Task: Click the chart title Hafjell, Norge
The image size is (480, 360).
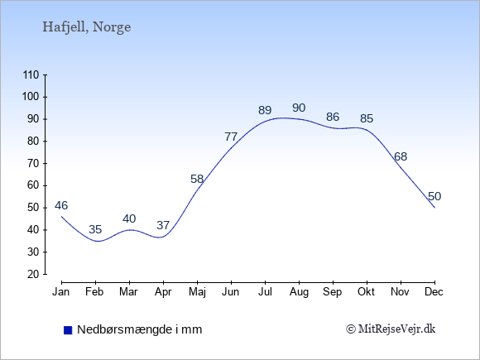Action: [x=87, y=27]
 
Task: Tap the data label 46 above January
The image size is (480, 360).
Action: [x=61, y=205]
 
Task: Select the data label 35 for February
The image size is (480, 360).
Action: [x=95, y=229]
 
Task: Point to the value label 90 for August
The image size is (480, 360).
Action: [x=299, y=108]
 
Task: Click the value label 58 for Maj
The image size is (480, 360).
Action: [x=197, y=179]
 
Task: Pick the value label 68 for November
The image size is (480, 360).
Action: [x=401, y=156]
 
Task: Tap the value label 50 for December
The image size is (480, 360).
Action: [x=434, y=196]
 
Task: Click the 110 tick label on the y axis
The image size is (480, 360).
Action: [x=31, y=74]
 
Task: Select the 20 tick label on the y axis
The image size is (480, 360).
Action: [x=33, y=274]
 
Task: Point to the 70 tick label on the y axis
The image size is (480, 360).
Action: [x=33, y=164]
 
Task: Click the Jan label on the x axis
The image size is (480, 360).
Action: [x=61, y=292]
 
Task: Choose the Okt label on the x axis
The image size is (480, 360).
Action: [x=366, y=292]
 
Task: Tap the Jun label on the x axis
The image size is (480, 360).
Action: [x=231, y=292]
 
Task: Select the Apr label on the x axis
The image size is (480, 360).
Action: [x=163, y=292]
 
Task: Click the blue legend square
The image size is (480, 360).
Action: [x=68, y=330]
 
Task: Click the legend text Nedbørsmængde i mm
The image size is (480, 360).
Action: [x=140, y=329]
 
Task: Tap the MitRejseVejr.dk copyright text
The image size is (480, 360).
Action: [x=391, y=329]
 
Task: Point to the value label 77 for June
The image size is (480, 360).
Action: [x=231, y=137]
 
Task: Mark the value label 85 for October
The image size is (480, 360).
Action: [x=367, y=118]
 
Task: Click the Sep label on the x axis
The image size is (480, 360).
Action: [x=332, y=292]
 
